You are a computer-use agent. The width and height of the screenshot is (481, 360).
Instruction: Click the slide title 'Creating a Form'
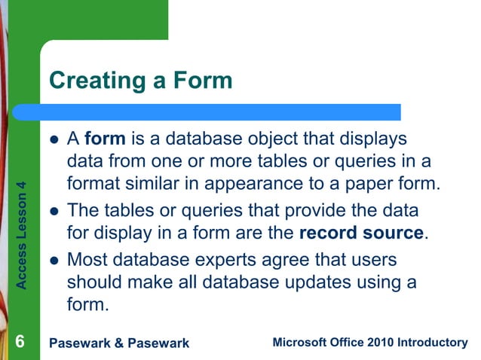click(x=140, y=80)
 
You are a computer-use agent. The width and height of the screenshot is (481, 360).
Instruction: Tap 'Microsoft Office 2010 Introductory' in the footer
click(x=369, y=343)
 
